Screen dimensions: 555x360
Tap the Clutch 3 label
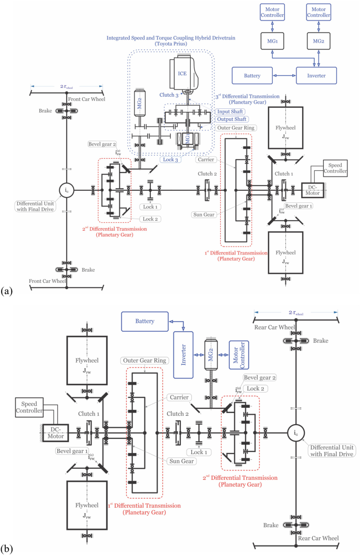point(169,95)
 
